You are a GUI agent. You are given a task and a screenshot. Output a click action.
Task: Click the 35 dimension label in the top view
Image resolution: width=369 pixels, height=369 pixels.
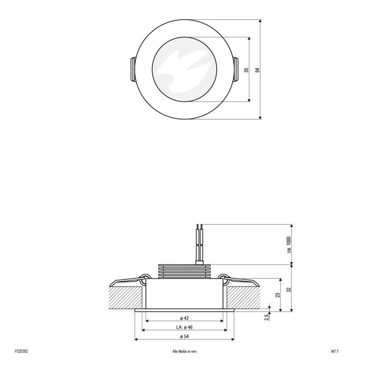coord(246,70)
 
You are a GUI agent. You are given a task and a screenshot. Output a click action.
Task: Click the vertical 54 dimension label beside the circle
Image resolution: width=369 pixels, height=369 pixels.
coord(258,70)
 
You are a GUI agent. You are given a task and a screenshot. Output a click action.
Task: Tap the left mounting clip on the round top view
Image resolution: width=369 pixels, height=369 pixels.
coord(132,70)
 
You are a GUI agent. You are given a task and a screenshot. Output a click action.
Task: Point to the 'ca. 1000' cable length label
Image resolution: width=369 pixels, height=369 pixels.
coord(289,244)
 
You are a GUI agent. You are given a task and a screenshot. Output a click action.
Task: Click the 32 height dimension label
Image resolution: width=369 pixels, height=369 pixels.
coord(289,289)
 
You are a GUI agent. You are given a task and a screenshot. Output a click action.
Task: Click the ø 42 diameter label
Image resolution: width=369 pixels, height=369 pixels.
coord(184,318)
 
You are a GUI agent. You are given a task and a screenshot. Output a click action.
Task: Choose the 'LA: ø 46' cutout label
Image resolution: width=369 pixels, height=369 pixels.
coord(184,327)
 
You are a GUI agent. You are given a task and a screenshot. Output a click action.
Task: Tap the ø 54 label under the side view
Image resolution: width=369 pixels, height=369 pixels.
coord(184,337)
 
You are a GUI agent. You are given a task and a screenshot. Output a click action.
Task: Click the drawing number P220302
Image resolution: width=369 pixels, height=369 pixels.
coord(21,351)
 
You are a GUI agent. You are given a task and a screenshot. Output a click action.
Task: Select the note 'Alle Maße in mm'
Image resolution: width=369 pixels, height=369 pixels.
coord(184,351)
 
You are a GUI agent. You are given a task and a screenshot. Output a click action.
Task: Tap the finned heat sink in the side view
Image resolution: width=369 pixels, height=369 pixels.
coord(184,271)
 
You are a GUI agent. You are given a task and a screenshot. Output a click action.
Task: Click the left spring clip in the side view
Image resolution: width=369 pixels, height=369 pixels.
coord(127,280)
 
